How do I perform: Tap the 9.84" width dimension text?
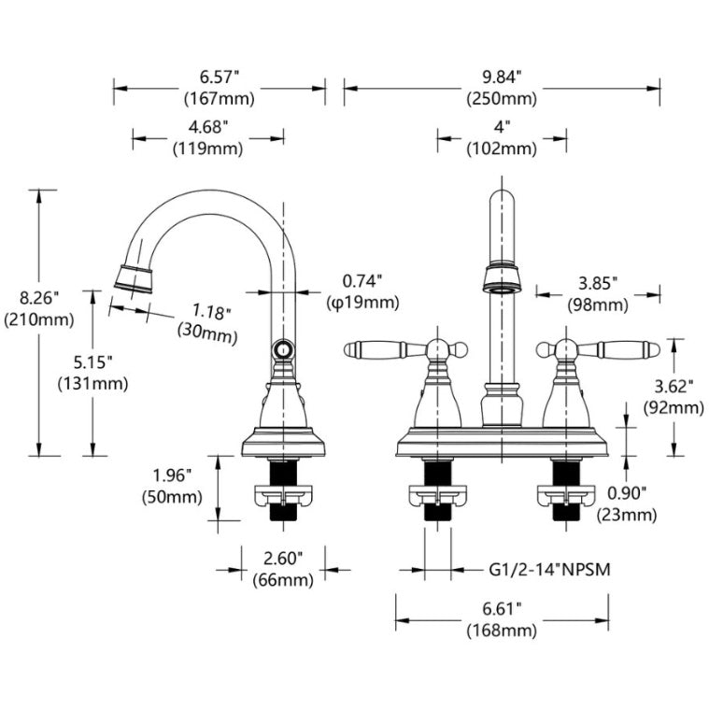502,76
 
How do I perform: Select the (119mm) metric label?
206,148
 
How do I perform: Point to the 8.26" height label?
38,300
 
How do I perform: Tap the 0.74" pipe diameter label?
362,280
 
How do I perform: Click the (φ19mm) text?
362,302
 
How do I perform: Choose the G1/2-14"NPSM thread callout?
549,568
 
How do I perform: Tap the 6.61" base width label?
502,609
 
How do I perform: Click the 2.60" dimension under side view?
283,559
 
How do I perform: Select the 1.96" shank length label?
171,475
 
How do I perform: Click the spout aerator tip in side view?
134,277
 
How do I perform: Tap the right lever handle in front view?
618,349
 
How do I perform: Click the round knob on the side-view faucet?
282,350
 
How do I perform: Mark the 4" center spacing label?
502,126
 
